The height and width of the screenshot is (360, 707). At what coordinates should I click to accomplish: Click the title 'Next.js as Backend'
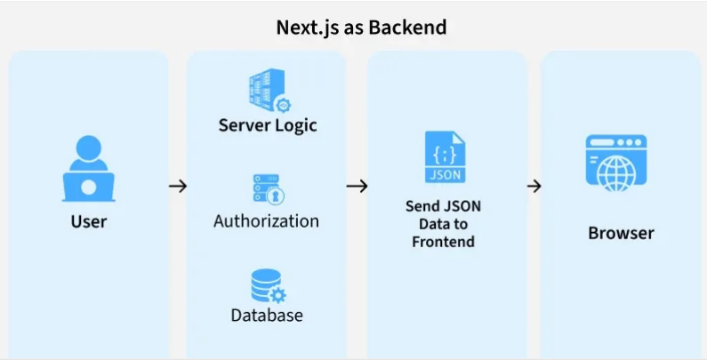[x=360, y=28]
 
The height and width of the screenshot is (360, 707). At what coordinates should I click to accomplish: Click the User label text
[x=88, y=221]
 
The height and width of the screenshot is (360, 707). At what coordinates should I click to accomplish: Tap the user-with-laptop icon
[x=88, y=169]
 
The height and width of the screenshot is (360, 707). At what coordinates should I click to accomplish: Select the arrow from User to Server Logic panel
[x=178, y=186]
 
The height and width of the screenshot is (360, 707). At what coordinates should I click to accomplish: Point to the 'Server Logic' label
[x=268, y=124]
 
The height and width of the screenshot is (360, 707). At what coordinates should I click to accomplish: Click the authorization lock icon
[x=268, y=189]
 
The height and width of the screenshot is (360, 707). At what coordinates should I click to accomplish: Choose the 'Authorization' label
[x=266, y=220]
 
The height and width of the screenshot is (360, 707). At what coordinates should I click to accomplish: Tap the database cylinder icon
[x=266, y=286]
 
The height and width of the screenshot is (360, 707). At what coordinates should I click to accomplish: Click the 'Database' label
[x=267, y=316]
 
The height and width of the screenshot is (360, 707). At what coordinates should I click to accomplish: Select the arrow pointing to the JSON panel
[x=357, y=186]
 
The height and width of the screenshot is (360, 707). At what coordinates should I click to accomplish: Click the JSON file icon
[x=444, y=157]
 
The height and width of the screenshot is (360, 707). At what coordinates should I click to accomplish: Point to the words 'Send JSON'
[x=443, y=206]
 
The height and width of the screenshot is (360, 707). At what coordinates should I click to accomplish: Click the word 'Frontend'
[x=443, y=242]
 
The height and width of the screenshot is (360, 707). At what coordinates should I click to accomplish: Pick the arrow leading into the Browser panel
[x=534, y=186]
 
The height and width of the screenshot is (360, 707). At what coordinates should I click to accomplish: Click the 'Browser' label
[x=621, y=234]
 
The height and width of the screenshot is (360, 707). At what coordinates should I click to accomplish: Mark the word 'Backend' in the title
[x=407, y=28]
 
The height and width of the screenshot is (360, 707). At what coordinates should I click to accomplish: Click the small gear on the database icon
[x=277, y=295]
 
